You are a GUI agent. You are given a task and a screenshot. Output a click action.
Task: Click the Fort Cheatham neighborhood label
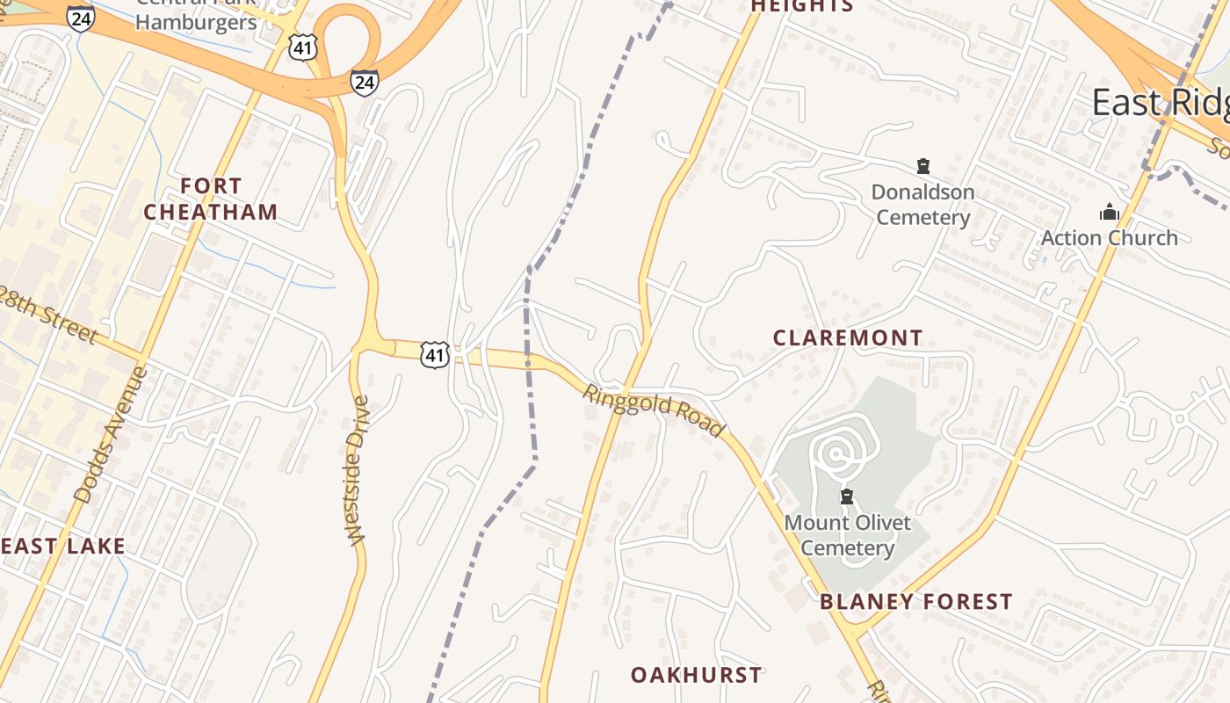click(x=211, y=199)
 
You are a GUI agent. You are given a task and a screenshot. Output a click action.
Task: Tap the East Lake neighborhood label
click(x=61, y=546)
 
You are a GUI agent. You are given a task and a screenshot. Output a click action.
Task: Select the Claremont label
click(x=848, y=337)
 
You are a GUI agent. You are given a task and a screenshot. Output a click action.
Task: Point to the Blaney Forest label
click(x=916, y=602)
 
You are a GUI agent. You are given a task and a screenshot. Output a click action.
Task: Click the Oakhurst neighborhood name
click(x=697, y=675)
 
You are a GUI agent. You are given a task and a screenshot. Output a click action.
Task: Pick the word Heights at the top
click(x=801, y=6)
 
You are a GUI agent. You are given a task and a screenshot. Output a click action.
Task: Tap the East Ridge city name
click(x=1160, y=103)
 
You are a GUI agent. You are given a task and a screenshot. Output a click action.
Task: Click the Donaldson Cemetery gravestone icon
click(x=922, y=165)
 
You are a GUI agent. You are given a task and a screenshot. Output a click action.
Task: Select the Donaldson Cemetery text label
click(x=922, y=204)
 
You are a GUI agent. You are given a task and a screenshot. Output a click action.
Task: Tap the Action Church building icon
click(x=1110, y=212)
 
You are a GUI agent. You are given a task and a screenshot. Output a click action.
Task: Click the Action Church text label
click(x=1110, y=237)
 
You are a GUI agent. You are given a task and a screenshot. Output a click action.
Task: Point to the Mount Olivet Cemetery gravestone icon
click(x=847, y=496)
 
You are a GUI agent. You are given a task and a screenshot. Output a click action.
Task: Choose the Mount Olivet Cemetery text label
click(x=847, y=535)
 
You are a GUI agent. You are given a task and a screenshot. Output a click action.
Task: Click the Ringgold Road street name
click(x=655, y=410)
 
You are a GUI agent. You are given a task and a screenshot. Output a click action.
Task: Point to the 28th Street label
click(x=48, y=312)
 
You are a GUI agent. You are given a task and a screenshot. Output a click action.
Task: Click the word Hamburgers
click(x=196, y=22)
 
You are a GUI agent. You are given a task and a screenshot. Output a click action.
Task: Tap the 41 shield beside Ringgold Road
click(x=435, y=354)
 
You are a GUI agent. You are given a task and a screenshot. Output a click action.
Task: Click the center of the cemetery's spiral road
click(x=836, y=454)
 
